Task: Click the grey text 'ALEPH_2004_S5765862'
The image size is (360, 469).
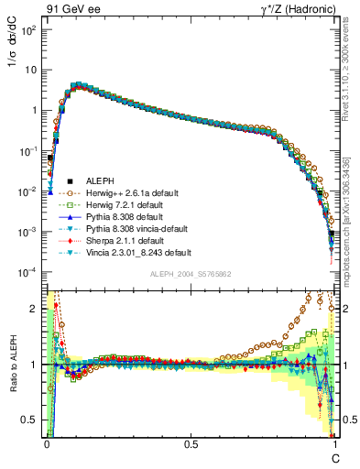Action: tap(191, 274)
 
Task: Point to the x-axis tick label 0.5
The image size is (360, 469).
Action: tap(191, 443)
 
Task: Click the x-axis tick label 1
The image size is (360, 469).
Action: tap(334, 443)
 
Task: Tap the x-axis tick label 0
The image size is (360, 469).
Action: tap(47, 443)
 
